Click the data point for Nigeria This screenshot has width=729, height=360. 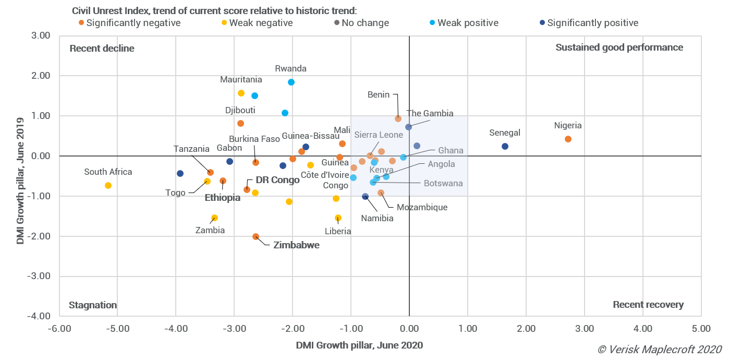tap(568, 139)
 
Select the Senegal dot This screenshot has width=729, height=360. tap(505, 146)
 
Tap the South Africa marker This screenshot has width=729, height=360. tap(108, 185)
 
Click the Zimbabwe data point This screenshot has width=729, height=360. tap(256, 236)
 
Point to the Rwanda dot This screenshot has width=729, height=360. tap(291, 82)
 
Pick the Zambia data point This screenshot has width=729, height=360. tap(214, 218)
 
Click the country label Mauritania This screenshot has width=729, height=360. tap(241, 80)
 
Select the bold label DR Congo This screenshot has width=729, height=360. tap(277, 180)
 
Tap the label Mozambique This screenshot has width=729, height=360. tap(422, 207)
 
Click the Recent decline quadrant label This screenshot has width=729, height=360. tap(102, 49)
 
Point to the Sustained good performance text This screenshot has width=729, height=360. tap(619, 47)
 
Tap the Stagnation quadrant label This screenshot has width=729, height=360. tap(93, 305)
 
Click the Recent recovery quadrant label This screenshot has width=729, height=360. tap(648, 305)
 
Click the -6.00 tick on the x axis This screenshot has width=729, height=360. tap(59, 328)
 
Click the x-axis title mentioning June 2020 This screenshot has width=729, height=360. tap(359, 345)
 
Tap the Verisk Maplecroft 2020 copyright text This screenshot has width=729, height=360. tap(659, 349)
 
